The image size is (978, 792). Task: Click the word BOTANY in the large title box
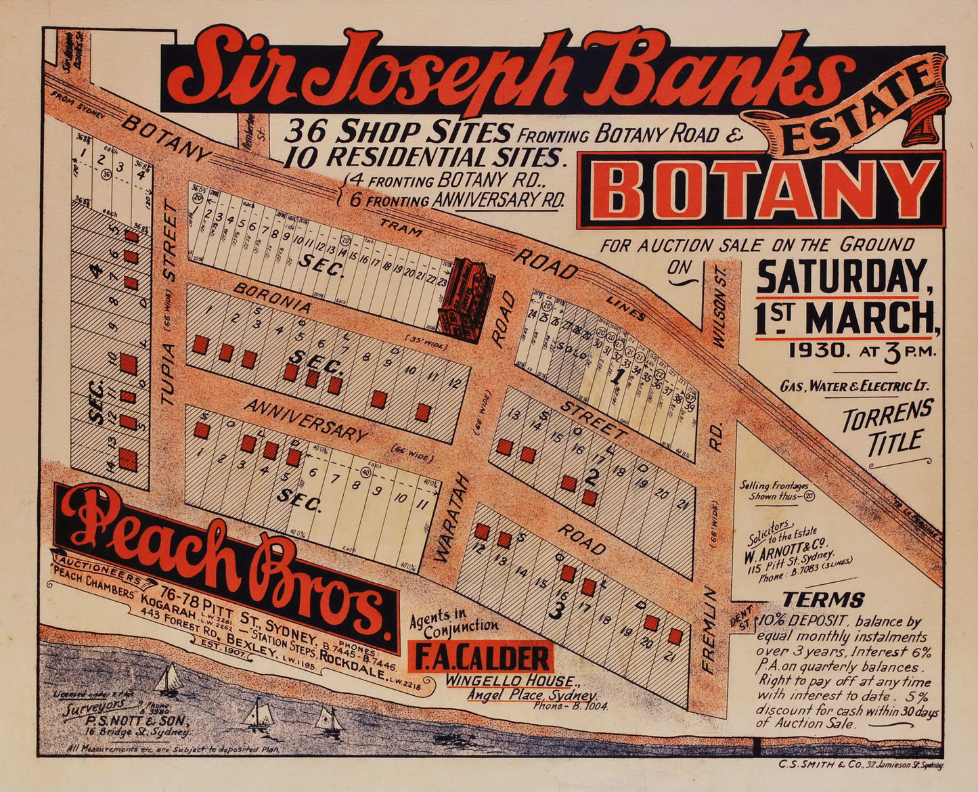click(761, 189)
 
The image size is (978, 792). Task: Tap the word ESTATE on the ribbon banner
click(855, 116)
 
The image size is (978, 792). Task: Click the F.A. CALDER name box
click(481, 657)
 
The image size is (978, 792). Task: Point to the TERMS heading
click(822, 600)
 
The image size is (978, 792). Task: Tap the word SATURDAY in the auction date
click(841, 276)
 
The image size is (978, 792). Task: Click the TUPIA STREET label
click(169, 305)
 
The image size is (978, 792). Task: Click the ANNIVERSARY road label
click(305, 420)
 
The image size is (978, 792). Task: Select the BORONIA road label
click(273, 298)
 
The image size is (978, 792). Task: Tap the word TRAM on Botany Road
click(400, 231)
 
